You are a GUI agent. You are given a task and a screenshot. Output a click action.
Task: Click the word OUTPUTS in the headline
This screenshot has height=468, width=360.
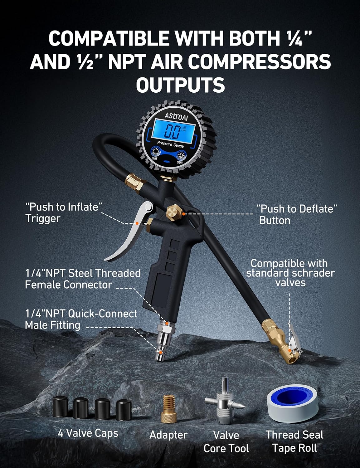180,85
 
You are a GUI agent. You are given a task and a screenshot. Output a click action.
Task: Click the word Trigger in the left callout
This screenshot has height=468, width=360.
43,219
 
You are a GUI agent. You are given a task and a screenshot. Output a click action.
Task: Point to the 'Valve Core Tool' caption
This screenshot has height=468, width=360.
226,442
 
